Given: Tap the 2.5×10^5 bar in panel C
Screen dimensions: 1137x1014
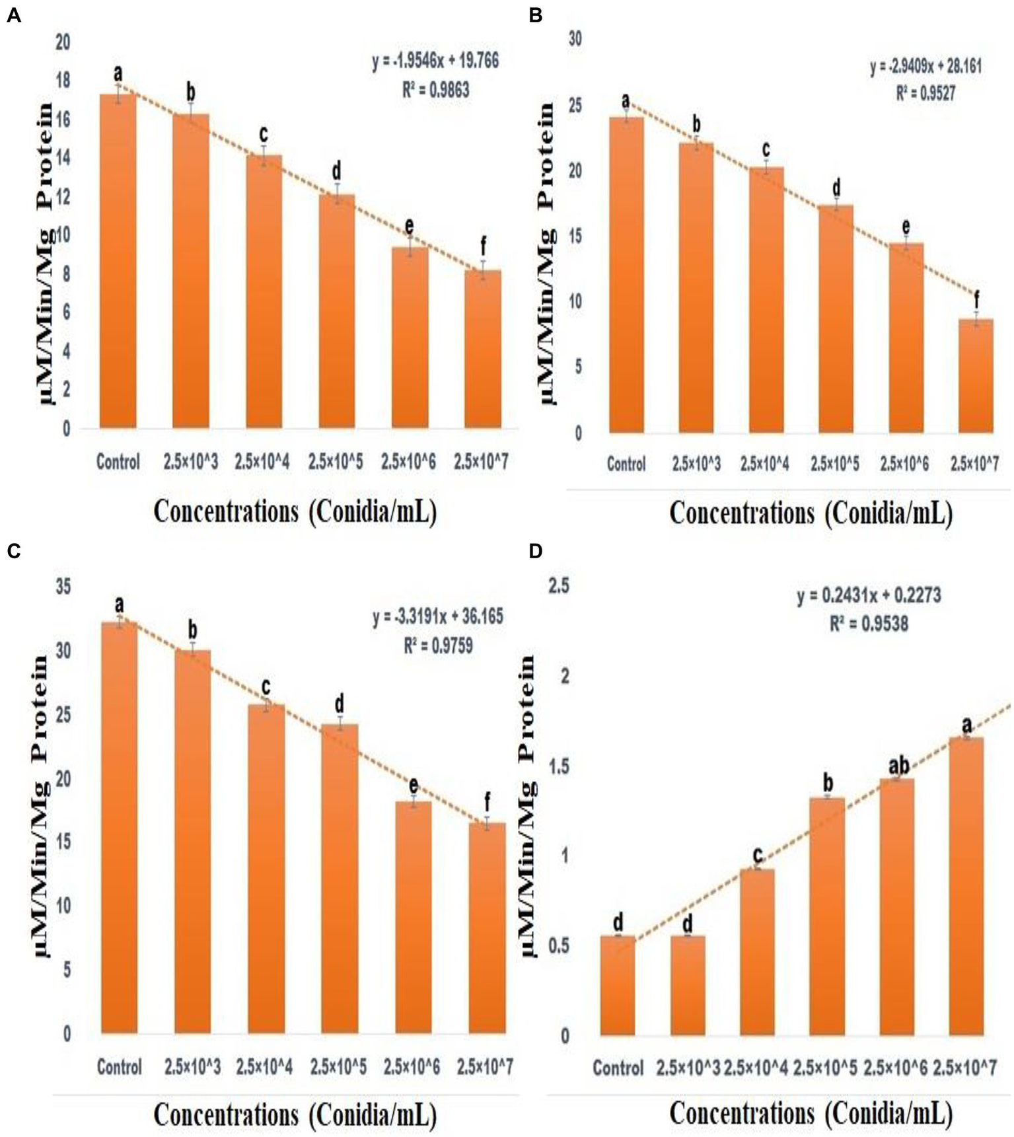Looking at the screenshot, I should pyautogui.click(x=340, y=878).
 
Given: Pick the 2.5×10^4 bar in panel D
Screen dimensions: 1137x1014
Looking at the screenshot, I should pyautogui.click(x=756, y=951).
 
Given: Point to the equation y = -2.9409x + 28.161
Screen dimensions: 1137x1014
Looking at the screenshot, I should pyautogui.click(x=925, y=66).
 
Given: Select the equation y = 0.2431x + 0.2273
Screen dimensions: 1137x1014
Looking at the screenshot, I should pyautogui.click(x=869, y=595).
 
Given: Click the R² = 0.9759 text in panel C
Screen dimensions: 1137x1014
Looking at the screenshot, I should pyautogui.click(x=438, y=645).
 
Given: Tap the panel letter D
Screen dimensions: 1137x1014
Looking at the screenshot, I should pyautogui.click(x=536, y=550).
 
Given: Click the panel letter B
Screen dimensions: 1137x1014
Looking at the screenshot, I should pyautogui.click(x=536, y=15).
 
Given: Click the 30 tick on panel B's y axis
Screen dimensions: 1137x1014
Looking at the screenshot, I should pyautogui.click(x=575, y=39).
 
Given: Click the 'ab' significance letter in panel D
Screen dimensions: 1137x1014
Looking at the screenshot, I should pyautogui.click(x=898, y=765).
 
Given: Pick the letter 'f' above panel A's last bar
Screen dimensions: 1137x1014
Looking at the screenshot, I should pyautogui.click(x=483, y=248).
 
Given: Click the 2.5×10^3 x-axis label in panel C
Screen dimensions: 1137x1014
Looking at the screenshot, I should pyautogui.click(x=192, y=1066).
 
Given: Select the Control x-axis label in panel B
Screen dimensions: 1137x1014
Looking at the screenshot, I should pyautogui.click(x=626, y=464).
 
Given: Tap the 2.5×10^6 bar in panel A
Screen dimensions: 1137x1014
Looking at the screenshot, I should pyautogui.click(x=410, y=338).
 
